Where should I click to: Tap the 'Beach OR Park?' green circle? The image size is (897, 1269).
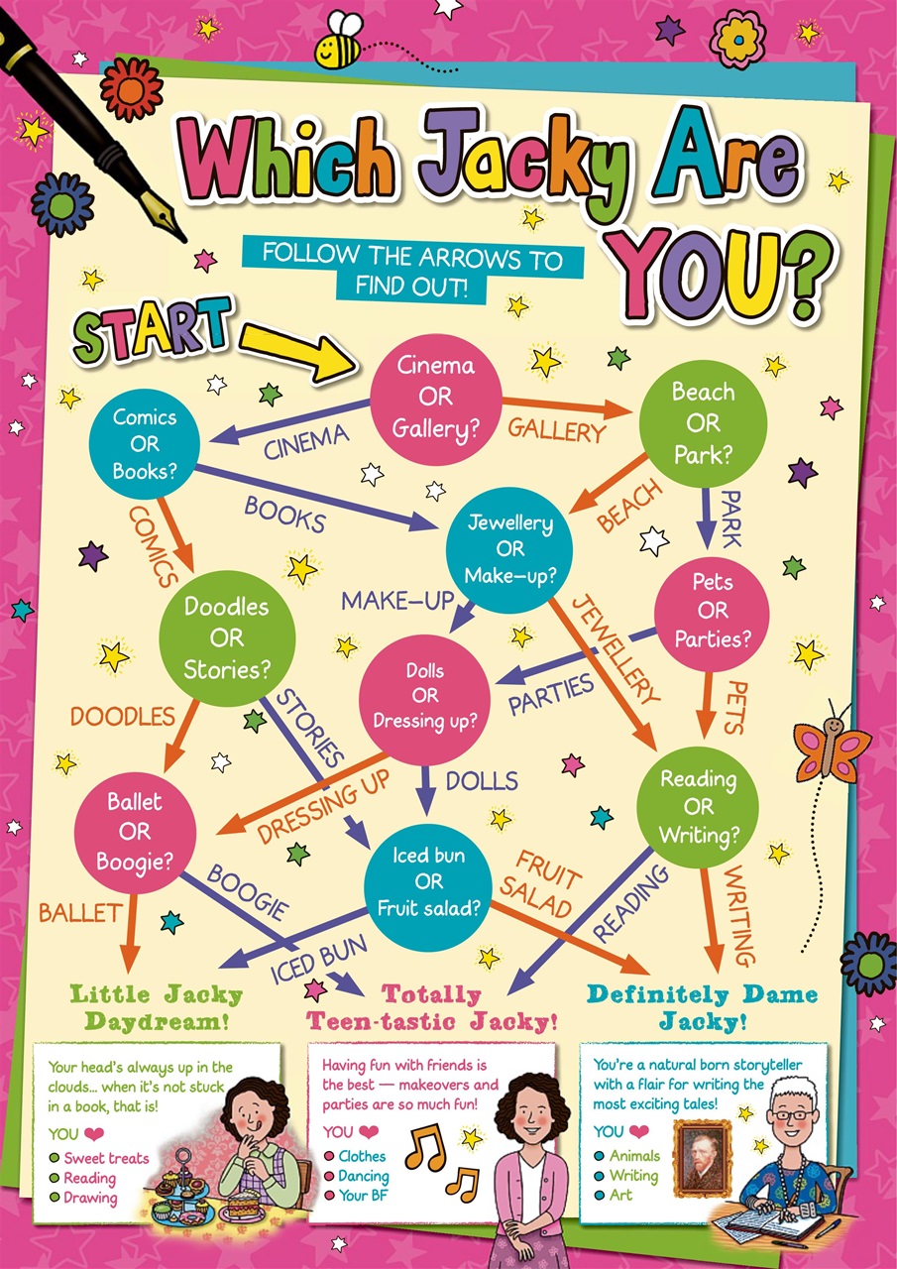703,422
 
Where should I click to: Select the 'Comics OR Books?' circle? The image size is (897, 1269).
144,443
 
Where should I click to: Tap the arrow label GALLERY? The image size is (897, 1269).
556,430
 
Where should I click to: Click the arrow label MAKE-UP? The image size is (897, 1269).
397,600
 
